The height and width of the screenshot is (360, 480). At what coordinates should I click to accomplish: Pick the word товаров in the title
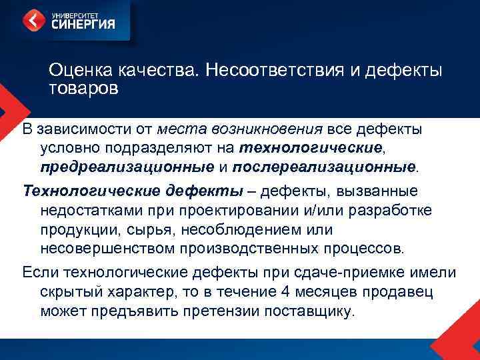pos(83,88)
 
